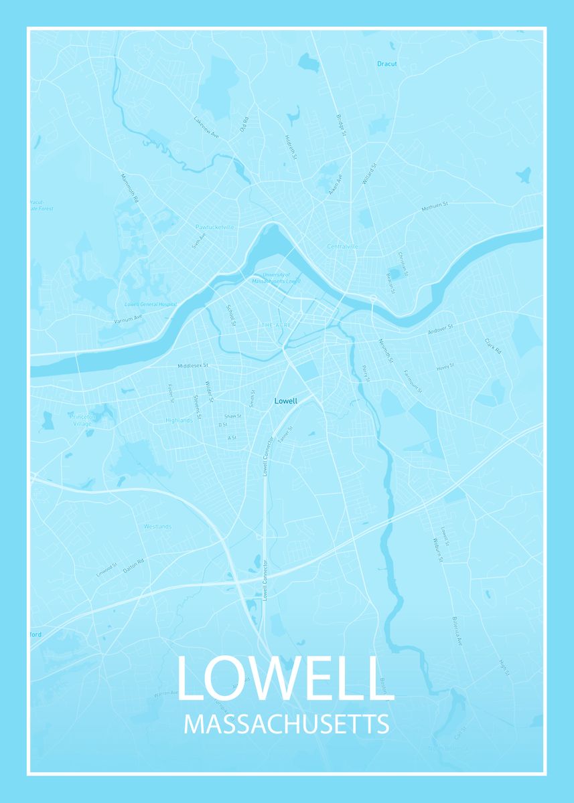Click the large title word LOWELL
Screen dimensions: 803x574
(285, 679)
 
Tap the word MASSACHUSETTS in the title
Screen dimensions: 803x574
(286, 725)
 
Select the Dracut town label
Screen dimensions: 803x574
(386, 64)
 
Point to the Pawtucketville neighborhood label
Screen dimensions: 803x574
(215, 227)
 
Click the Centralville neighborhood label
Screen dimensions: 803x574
(343, 247)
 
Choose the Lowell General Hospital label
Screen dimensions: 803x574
(151, 304)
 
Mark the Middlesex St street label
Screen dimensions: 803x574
(194, 366)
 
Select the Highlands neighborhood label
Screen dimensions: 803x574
(179, 420)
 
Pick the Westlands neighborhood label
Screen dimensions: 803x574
(157, 527)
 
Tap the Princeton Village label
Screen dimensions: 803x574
(83, 420)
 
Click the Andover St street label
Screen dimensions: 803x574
(441, 329)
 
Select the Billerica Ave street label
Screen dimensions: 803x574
(457, 630)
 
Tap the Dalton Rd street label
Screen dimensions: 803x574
(134, 566)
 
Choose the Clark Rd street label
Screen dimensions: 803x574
(493, 345)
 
